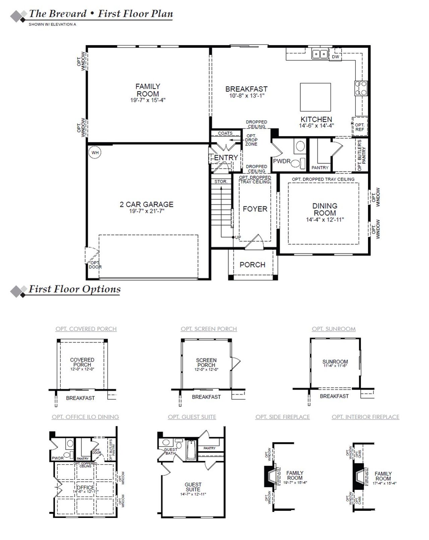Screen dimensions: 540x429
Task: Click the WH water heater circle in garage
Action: pos(95,153)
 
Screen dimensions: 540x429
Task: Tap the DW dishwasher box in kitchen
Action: pos(335,57)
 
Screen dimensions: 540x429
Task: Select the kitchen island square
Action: pos(315,97)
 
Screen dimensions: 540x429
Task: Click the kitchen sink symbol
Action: pos(320,54)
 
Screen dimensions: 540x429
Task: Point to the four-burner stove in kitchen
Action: pos(361,88)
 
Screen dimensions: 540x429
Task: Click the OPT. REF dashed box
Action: pos(360,127)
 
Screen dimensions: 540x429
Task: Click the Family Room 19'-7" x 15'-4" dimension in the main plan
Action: pos(148,100)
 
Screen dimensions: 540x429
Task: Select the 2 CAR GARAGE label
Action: pos(146,204)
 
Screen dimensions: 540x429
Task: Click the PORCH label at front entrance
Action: pos(252,265)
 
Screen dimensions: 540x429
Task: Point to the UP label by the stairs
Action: pos(238,237)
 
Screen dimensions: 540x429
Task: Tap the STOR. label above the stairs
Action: pos(221,181)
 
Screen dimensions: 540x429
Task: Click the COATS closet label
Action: pos(225,133)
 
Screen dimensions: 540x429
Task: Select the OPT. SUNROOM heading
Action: pos(333,329)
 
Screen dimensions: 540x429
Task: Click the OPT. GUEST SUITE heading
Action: pos(192,417)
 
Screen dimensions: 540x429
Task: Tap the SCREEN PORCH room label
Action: pos(206,363)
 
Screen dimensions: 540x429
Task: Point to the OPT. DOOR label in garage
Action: pos(95,265)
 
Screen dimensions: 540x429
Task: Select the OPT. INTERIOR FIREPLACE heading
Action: pos(365,417)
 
